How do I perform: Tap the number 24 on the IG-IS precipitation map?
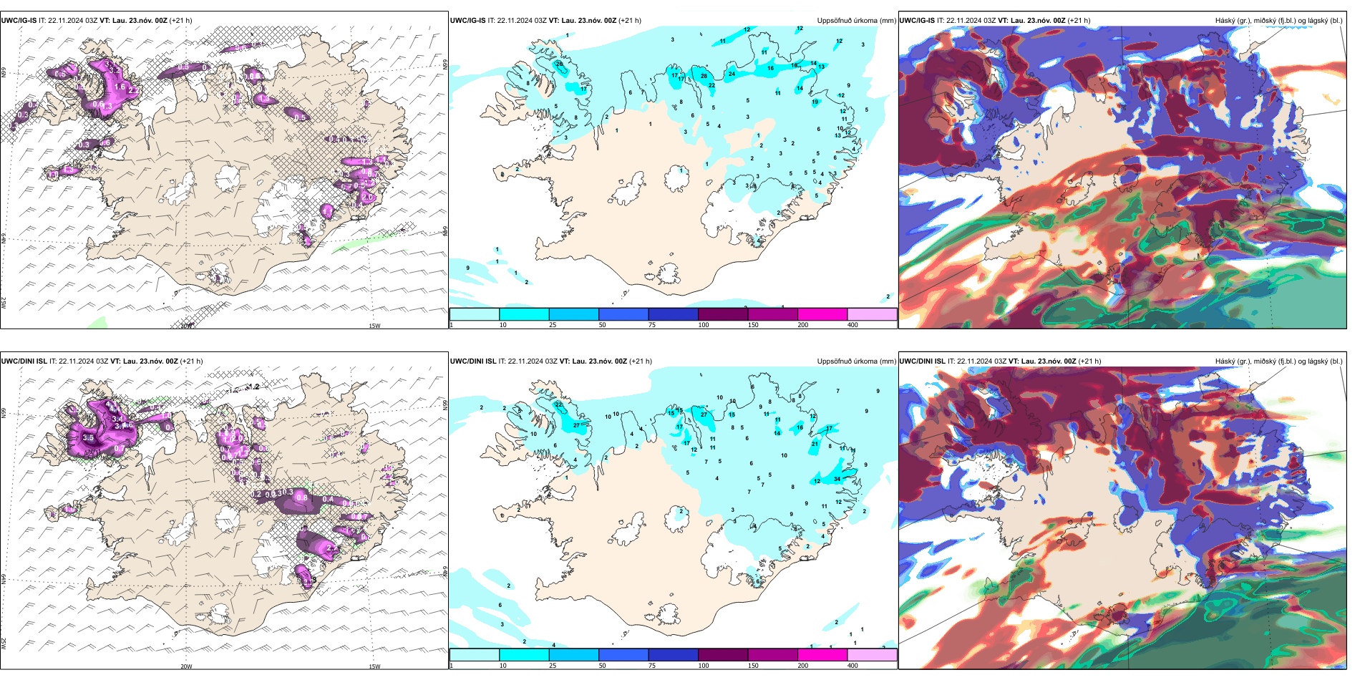click(x=732, y=74)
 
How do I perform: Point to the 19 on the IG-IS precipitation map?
click(x=815, y=102)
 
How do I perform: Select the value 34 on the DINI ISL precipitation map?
click(x=837, y=479)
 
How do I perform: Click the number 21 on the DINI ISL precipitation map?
click(x=815, y=444)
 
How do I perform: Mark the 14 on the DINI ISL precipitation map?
click(x=777, y=433)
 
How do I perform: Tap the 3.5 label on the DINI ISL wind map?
click(x=88, y=437)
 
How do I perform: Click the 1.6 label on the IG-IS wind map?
click(x=120, y=87)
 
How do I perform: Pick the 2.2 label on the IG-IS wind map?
click(x=133, y=91)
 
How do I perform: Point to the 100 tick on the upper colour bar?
click(x=704, y=325)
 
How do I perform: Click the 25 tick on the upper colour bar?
click(x=553, y=325)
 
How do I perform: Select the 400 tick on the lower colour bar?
click(x=853, y=666)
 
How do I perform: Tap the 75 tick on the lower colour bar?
click(x=651, y=666)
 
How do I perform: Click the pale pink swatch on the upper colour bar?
click(x=872, y=314)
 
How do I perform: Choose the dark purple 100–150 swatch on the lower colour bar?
click(x=722, y=655)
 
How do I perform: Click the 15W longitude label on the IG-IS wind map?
click(x=374, y=326)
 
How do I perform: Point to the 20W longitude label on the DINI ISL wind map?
click(x=186, y=666)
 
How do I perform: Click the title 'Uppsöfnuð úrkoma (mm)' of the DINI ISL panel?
click(x=856, y=361)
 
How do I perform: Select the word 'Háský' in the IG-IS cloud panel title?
click(x=1225, y=21)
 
